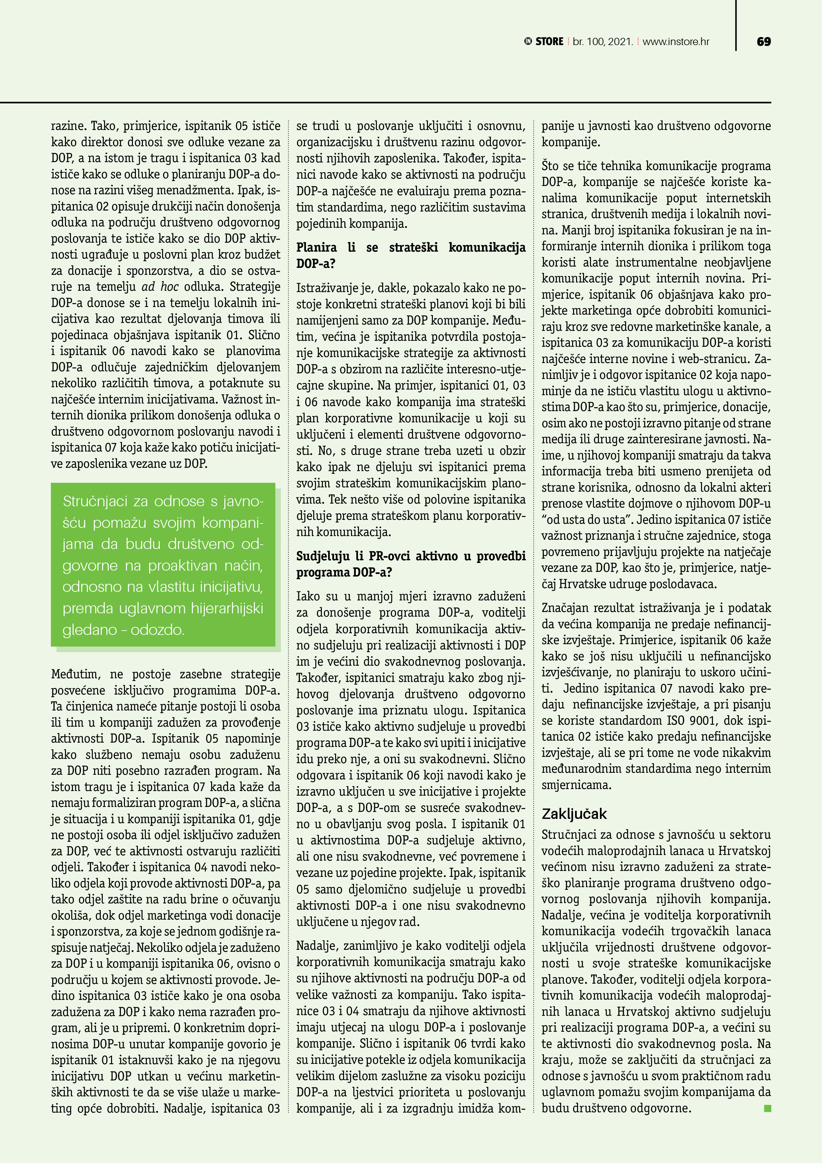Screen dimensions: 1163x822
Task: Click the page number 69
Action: (x=763, y=41)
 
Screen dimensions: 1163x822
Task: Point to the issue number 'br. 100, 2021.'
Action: (x=603, y=41)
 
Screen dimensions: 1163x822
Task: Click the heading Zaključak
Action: (x=574, y=814)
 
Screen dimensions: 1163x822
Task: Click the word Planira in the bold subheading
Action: (x=317, y=247)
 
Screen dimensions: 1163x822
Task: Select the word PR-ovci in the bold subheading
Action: (x=390, y=556)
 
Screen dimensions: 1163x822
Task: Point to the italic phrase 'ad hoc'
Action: (x=160, y=287)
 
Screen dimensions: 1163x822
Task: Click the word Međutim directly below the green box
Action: (x=74, y=674)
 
